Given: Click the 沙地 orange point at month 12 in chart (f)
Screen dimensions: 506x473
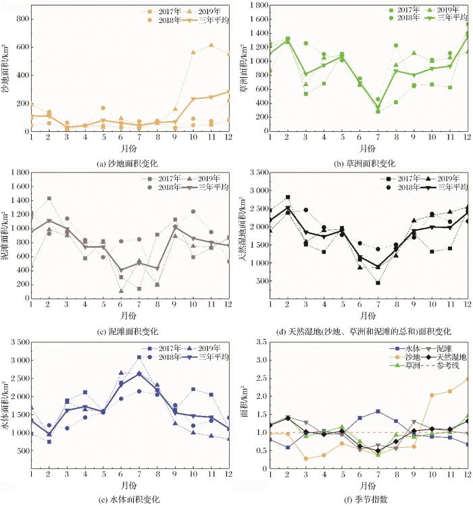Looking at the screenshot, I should [468, 379].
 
